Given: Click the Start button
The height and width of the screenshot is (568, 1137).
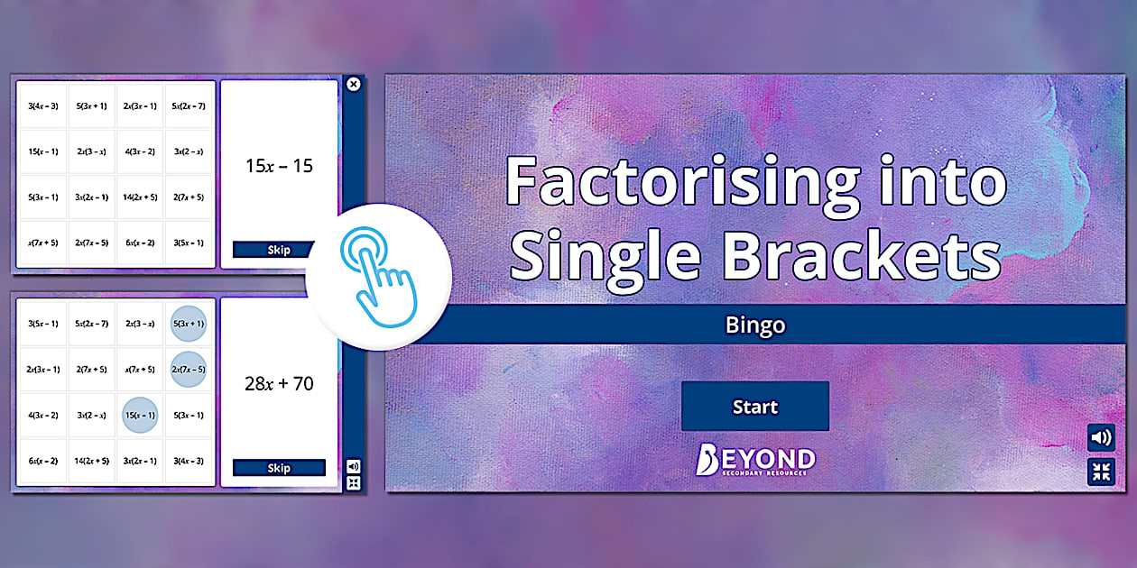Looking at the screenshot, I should [754, 407].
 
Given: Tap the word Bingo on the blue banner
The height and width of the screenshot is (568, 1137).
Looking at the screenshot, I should [754, 325].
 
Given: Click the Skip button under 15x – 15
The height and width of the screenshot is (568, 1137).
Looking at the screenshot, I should [279, 250].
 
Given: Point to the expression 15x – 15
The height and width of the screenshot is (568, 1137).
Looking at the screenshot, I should [279, 167].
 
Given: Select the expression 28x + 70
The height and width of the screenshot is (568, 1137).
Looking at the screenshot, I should [279, 384].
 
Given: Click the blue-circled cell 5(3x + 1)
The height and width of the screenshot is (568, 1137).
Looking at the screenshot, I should [188, 324].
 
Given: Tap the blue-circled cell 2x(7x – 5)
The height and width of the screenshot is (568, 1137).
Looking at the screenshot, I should [188, 369].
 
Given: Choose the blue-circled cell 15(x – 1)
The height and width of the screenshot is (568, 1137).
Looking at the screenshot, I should [140, 415].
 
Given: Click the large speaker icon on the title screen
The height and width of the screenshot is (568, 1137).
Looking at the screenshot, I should [1101, 438].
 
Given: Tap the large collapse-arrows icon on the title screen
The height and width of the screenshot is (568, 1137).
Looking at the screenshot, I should [1101, 472].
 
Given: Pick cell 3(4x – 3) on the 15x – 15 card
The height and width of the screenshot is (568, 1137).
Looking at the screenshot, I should [43, 106].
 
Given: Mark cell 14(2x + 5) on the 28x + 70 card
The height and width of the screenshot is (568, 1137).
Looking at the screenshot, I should [91, 461].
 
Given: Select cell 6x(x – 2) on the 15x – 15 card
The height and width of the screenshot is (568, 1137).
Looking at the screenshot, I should [140, 243].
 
